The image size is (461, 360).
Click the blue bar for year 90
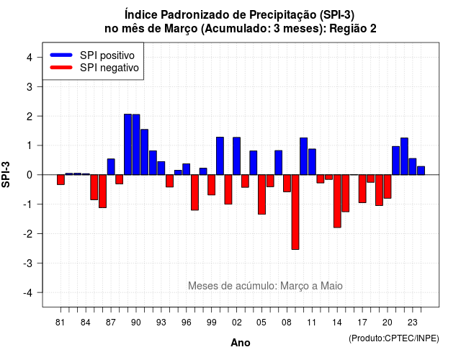[x=136, y=145]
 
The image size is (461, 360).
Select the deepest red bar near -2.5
[x=295, y=212]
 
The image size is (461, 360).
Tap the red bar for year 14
[x=337, y=201]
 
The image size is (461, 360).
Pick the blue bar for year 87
[x=111, y=166]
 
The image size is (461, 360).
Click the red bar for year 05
[x=261, y=194]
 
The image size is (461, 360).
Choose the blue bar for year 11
[x=312, y=162]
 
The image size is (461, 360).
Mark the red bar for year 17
[x=362, y=189]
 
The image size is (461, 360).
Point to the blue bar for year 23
[x=413, y=166]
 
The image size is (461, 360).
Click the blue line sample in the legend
[x=61, y=55]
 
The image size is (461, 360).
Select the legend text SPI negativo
[x=109, y=68]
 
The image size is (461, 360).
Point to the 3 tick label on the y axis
[x=30, y=87]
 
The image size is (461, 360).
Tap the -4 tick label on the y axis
[x=28, y=293]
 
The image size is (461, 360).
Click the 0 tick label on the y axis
[x=30, y=175]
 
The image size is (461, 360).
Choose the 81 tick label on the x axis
[x=60, y=323]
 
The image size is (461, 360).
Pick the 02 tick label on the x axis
[x=237, y=323]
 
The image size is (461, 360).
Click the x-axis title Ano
[x=241, y=343]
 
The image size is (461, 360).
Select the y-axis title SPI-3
[x=6, y=174]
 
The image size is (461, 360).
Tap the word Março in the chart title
[x=181, y=29]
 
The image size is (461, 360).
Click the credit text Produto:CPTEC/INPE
[x=394, y=338]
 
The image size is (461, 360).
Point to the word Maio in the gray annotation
[x=331, y=286]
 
